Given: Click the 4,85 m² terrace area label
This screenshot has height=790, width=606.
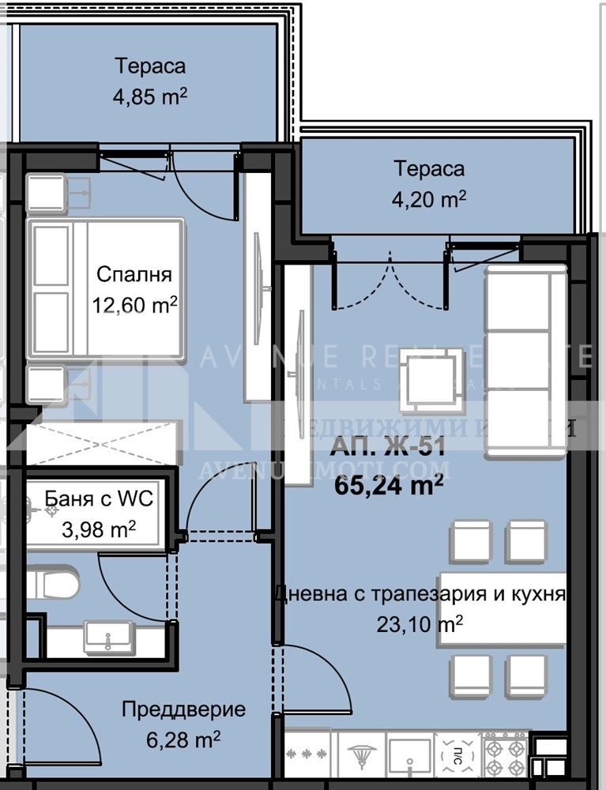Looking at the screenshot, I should point(149,97).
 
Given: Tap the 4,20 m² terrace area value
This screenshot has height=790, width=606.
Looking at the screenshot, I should point(430,200).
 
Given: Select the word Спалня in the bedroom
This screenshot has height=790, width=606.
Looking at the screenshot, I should point(134,275).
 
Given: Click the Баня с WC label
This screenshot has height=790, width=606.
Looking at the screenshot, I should point(98,499).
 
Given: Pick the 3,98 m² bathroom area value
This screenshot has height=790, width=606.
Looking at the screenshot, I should point(98,528).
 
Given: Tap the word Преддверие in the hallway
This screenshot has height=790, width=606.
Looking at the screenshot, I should point(183,709).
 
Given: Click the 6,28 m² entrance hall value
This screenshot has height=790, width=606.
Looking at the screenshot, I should point(183,739).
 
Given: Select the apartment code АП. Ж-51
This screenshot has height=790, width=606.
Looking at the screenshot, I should point(388,446).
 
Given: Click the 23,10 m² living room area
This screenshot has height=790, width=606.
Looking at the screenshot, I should point(420,624).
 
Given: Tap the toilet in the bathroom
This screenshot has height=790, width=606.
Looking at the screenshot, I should point(54,585).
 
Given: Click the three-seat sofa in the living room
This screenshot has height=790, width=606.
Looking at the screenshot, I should point(525,360).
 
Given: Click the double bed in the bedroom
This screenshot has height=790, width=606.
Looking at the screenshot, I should point(107,289).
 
